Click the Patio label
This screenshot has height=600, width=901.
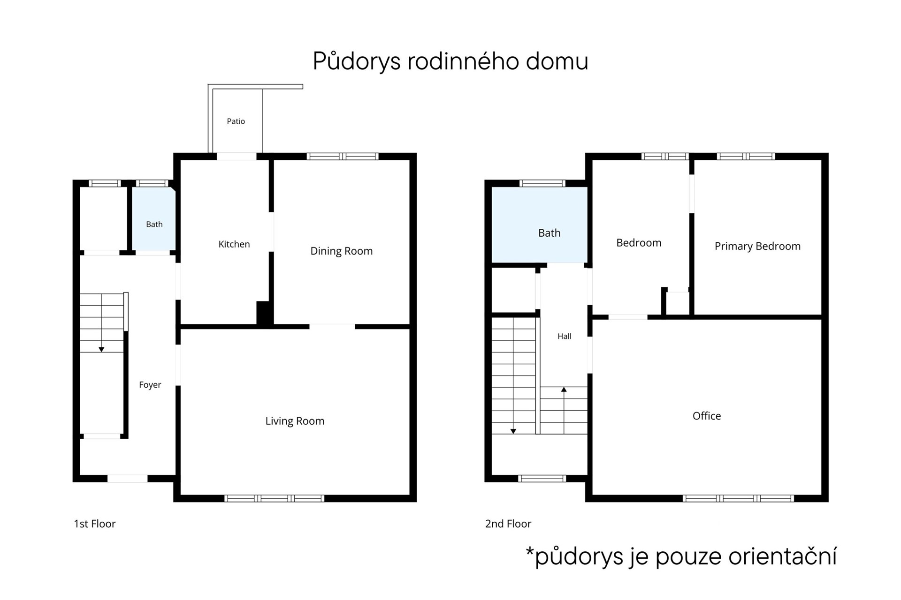[x=236, y=121]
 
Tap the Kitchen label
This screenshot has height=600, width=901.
[x=234, y=244]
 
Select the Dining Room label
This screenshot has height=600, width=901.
[x=342, y=251]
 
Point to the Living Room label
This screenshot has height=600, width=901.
[x=295, y=421]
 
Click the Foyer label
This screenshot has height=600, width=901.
[x=150, y=385]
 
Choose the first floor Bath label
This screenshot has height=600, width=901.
[x=154, y=225]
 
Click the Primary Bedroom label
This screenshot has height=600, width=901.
[x=757, y=247]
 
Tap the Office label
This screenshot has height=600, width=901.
[x=707, y=416]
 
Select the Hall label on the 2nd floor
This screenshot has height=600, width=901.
[x=565, y=336]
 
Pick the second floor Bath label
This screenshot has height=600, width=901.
[x=550, y=233]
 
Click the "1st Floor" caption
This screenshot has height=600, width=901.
[x=95, y=524]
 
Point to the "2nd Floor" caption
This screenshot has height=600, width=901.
[x=508, y=524]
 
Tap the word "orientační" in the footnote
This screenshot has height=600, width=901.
[x=783, y=556]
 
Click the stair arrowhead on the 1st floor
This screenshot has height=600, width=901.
[x=101, y=350]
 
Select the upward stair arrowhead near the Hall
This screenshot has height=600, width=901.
[x=564, y=390]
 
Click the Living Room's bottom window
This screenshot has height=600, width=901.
[x=275, y=498]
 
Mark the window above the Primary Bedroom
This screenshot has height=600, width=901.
[x=746, y=157]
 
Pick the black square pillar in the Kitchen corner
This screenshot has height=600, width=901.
[x=264, y=313]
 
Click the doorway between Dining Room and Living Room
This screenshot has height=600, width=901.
[x=332, y=327]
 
